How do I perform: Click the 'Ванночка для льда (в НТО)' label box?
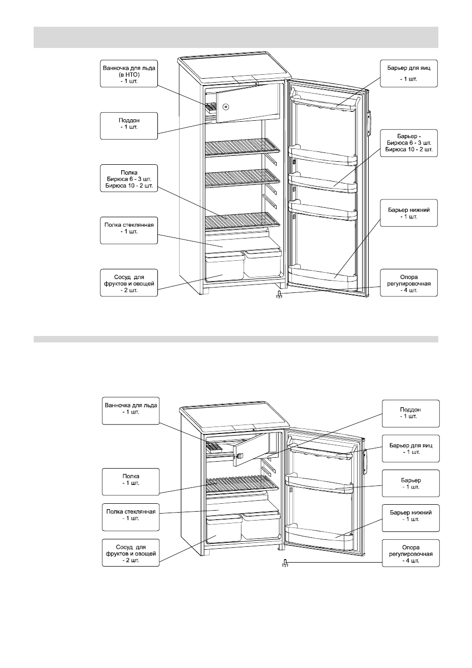(x=129, y=74)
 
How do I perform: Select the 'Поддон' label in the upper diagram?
(x=129, y=126)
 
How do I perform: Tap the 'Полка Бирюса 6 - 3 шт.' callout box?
(x=129, y=178)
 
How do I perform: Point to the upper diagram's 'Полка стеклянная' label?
(x=129, y=231)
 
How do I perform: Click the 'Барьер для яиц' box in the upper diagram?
(x=409, y=74)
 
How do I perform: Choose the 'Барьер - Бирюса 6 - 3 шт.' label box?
(x=409, y=143)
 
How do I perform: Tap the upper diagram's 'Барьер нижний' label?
(x=409, y=213)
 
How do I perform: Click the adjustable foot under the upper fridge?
(x=280, y=294)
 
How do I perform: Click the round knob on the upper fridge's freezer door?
(x=226, y=107)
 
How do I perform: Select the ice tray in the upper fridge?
(x=210, y=108)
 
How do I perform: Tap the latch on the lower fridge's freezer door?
(x=239, y=455)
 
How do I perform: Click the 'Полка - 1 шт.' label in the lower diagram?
(x=131, y=482)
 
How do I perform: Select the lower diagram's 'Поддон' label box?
(x=411, y=413)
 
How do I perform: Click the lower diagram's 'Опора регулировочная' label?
(x=411, y=553)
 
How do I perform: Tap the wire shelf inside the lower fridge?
(x=242, y=484)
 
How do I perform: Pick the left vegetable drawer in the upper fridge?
(x=225, y=265)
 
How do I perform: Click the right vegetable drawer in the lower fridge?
(x=260, y=525)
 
